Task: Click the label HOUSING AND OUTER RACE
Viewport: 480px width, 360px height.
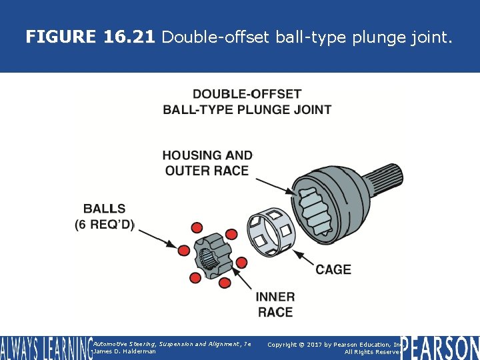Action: pos(207,163)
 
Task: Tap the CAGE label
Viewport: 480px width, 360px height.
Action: pos(333,269)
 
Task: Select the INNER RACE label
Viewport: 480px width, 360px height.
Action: pos(275,304)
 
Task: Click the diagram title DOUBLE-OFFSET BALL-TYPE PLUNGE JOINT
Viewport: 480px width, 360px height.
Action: pos(247,101)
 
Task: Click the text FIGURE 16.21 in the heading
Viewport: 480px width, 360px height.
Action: pos(90,37)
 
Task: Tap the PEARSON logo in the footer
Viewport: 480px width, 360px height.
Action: pos(439,347)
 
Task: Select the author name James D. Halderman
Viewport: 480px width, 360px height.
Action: pos(125,351)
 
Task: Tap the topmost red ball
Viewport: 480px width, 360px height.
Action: pos(197,229)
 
